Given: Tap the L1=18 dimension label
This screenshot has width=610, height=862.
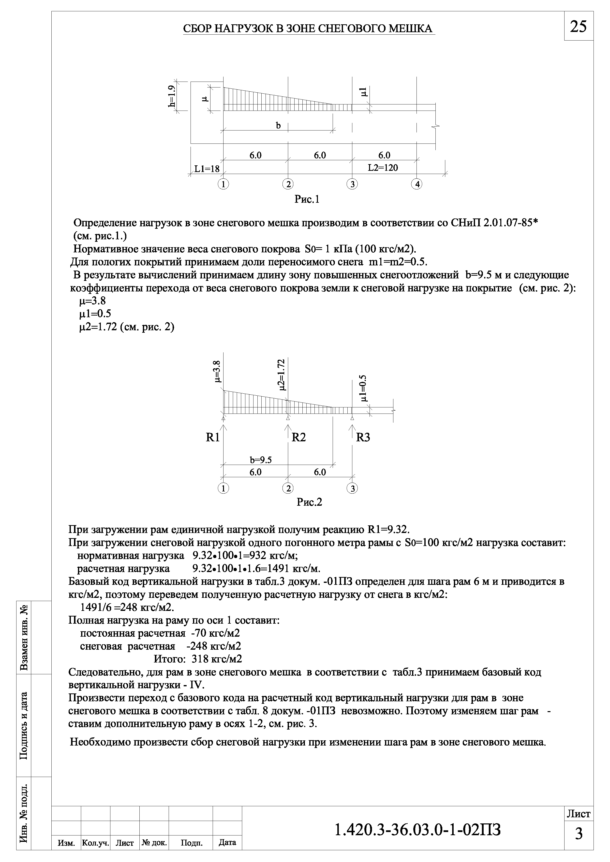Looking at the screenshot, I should pos(207,169).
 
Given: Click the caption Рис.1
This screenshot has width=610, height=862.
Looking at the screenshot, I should pos(307,199).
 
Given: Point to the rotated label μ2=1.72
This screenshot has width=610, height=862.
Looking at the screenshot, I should pos(283,374).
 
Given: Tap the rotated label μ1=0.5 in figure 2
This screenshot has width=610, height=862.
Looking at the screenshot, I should pos(363,388).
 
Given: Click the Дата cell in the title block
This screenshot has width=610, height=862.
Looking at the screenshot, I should pos(227,853).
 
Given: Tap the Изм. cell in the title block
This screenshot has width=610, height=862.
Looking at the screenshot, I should pos(66,853).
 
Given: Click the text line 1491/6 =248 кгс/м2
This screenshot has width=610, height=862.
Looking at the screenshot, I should pos(127,607).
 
